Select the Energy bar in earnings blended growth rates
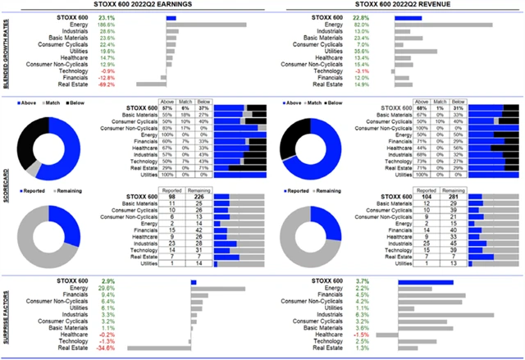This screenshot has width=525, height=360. (x=206, y=25)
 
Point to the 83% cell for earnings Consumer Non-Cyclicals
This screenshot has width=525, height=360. (x=168, y=128)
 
